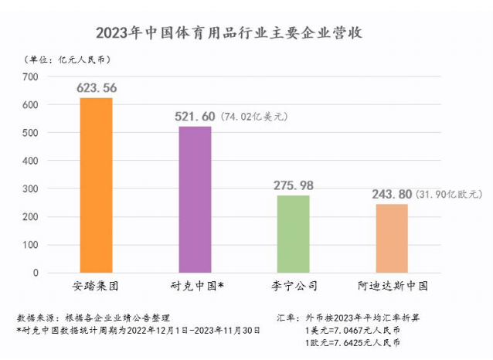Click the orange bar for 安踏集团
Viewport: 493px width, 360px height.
tap(97, 185)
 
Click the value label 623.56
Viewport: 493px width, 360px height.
tap(97, 88)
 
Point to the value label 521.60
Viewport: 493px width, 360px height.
tap(195, 116)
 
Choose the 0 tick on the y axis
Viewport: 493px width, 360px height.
tap(36, 273)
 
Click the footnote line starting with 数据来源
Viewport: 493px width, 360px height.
tap(93, 318)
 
